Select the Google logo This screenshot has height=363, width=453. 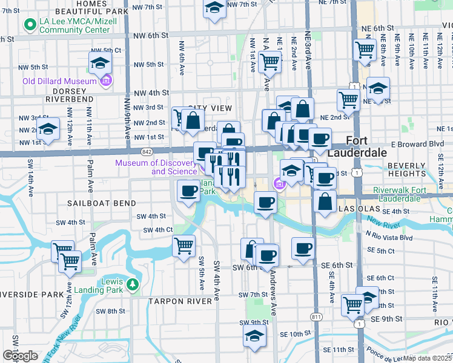[x=20, y=355]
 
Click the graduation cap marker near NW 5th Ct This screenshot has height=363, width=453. [x=101, y=63]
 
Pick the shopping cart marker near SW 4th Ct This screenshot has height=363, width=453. [x=184, y=246]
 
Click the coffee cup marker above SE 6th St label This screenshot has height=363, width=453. [x=303, y=247]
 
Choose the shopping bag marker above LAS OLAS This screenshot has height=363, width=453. [x=325, y=203]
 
